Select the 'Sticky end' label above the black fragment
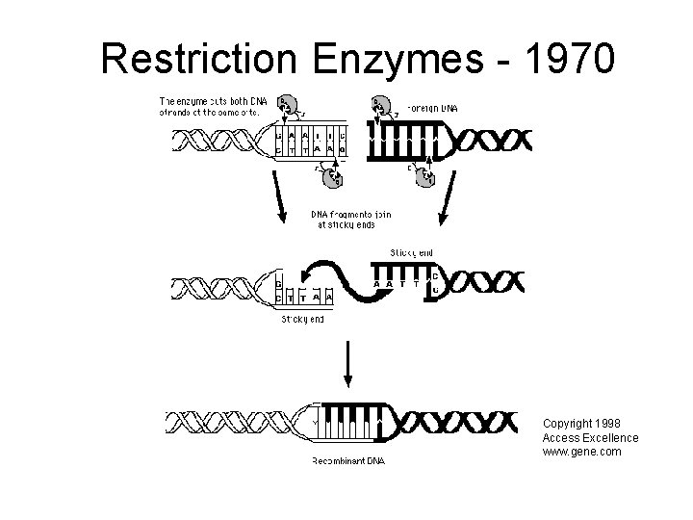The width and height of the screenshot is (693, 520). [411, 253]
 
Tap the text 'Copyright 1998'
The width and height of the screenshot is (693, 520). [581, 424]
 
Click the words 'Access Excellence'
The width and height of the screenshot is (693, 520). [590, 438]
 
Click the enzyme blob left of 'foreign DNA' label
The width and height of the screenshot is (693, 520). [382, 107]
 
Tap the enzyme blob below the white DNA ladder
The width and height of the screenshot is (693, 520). [332, 176]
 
